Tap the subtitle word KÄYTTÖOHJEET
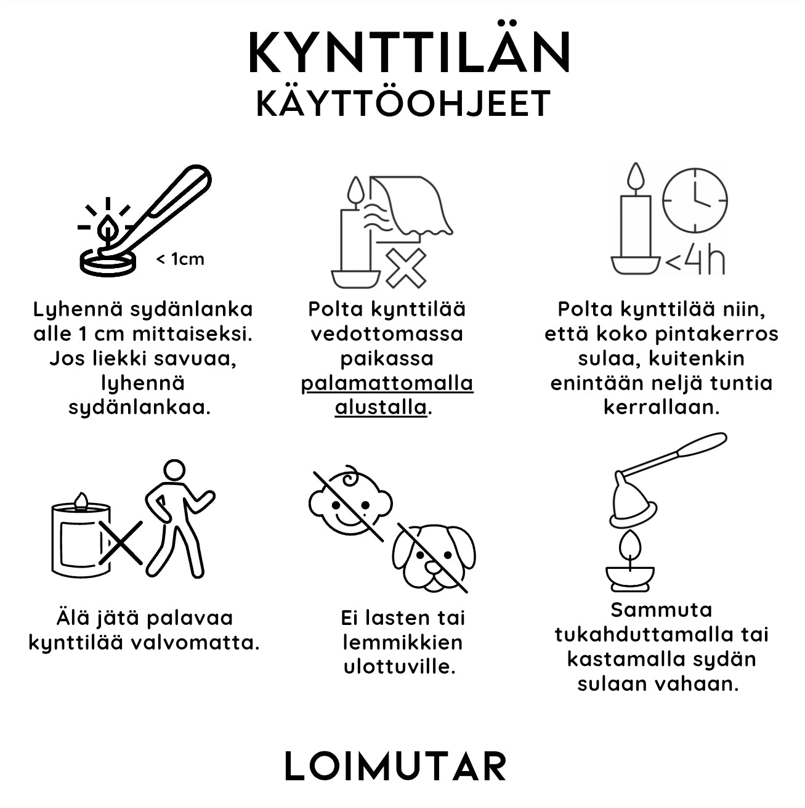click(403, 103)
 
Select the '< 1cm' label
click(180, 259)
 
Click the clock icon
click(695, 201)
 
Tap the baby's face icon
click(350, 500)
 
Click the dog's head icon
click(434, 557)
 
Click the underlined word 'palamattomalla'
click(387, 383)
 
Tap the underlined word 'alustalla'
click(381, 407)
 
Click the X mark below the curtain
click(406, 267)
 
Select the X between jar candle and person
click(121, 542)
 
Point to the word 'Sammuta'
click(661, 610)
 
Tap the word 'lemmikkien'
click(402, 642)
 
